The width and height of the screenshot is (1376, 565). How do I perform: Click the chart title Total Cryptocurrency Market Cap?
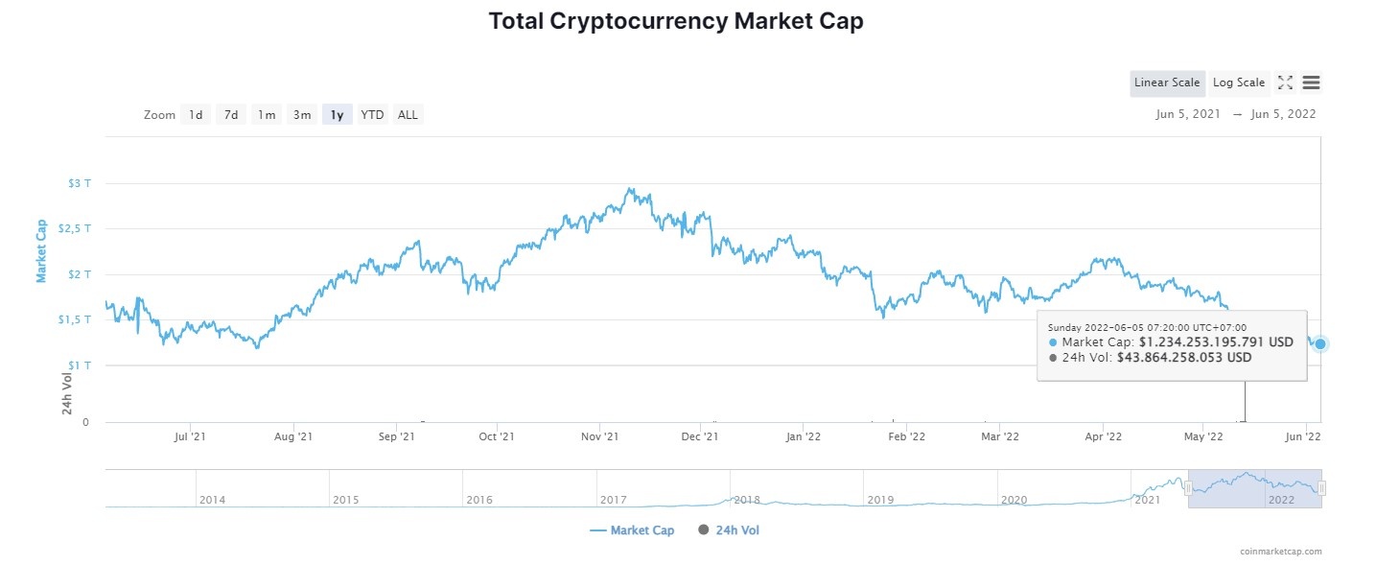pos(676,21)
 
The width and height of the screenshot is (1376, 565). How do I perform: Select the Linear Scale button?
pos(1166,82)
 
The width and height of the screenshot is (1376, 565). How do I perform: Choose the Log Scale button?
pos(1238,82)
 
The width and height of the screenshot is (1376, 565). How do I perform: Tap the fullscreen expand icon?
pos(1285,82)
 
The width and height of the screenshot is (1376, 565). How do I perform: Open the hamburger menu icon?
pos(1311,82)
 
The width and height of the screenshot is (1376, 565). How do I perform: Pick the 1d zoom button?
pos(196,115)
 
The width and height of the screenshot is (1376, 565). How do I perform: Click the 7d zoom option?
pos(231,115)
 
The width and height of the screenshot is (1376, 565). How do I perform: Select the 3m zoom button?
pos(302,115)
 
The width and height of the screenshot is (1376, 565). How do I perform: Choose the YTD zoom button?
pos(372,115)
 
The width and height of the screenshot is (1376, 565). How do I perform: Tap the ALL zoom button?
pos(408,115)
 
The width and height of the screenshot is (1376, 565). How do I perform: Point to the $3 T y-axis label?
pos(80,183)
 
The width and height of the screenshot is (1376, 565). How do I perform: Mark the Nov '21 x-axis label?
pos(599,436)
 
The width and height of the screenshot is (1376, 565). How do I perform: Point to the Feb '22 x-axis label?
pos(906,436)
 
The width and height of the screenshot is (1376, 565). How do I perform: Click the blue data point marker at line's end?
pos(1320,343)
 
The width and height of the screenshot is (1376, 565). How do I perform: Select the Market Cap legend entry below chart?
pos(632,530)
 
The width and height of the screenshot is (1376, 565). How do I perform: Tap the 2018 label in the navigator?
pos(746,500)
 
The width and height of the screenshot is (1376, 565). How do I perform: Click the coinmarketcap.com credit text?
pos(1279,552)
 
